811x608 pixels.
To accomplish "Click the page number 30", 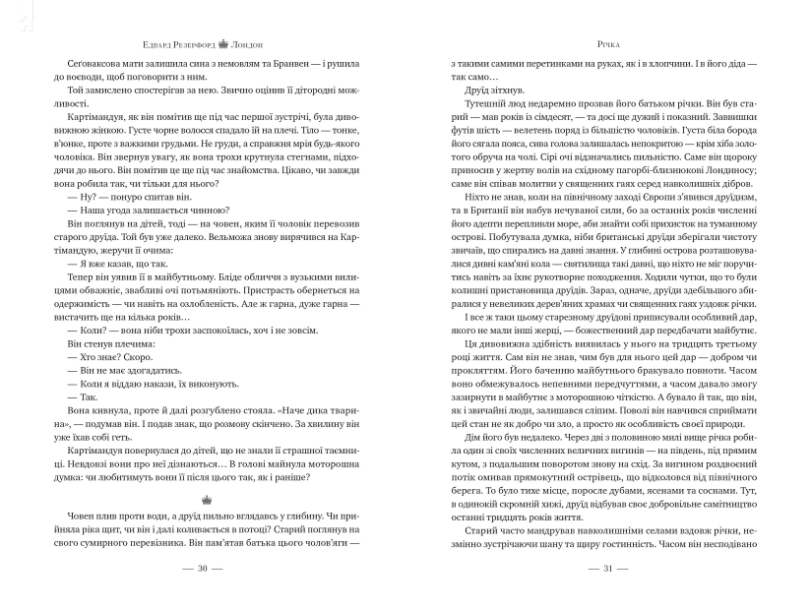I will [x=203, y=568].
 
